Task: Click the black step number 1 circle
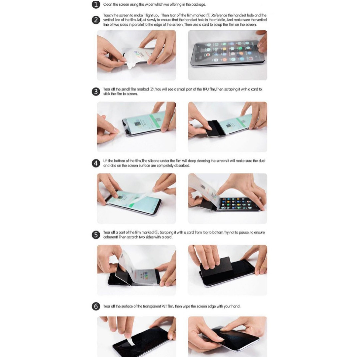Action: [x=96, y=5]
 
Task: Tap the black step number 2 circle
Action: [x=96, y=20]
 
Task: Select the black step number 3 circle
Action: [x=96, y=92]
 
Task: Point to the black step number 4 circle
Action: [x=96, y=163]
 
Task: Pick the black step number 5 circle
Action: [x=96, y=235]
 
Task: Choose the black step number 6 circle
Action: [x=96, y=307]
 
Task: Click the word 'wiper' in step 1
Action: [x=149, y=5]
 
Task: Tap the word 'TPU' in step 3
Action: [x=205, y=89]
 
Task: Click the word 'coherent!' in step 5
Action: [x=110, y=237]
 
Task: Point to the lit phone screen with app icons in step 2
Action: [x=227, y=53]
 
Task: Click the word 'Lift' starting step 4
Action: [x=105, y=161]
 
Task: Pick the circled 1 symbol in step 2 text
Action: [x=208, y=15]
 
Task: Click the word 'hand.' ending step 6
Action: [x=236, y=307]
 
